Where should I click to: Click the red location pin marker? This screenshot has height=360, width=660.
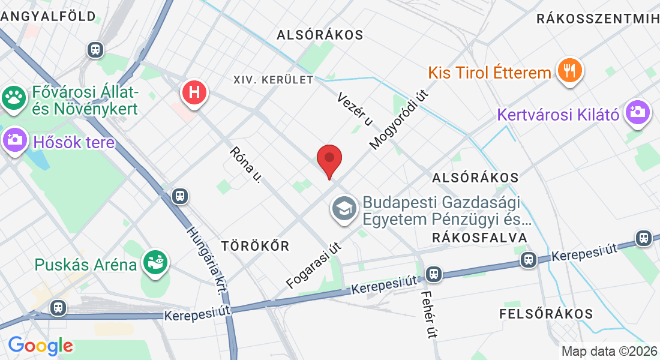(x=329, y=160)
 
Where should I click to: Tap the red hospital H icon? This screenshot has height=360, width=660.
(x=194, y=93)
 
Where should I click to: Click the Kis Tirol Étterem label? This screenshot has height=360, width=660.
(x=489, y=73)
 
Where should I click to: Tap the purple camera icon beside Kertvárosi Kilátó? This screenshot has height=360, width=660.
(x=637, y=112)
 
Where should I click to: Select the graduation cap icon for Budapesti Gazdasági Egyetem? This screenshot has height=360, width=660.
(x=344, y=209)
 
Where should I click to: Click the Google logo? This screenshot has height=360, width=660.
(x=40, y=346)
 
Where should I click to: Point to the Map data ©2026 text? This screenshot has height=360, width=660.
(x=609, y=351)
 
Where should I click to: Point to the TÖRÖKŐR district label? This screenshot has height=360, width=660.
(x=255, y=246)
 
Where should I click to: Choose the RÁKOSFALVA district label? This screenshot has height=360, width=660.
(x=479, y=238)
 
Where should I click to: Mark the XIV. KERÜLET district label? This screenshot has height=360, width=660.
(x=274, y=80)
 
